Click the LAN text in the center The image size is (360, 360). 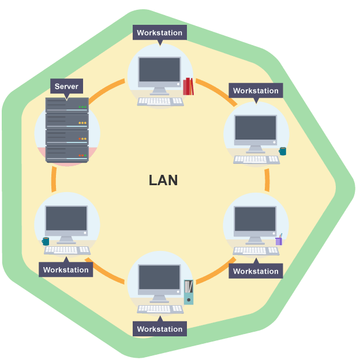[163, 180]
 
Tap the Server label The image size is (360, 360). [66, 87]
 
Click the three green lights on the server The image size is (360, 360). [82, 107]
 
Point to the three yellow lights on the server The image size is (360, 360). [82, 123]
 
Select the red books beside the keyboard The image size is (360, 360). [188, 87]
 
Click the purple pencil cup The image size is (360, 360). [279, 240]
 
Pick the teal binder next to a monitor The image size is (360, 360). [188, 292]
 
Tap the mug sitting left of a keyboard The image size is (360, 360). [46, 241]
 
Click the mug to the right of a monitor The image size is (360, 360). [283, 151]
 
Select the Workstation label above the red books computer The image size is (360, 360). [159, 33]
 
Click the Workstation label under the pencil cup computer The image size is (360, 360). [256, 271]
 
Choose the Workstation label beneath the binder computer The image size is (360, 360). [159, 329]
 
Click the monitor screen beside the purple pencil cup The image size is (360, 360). [255, 220]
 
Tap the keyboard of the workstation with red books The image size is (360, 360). [160, 102]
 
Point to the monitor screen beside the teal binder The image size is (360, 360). [159, 279]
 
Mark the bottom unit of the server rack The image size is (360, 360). [66, 152]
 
